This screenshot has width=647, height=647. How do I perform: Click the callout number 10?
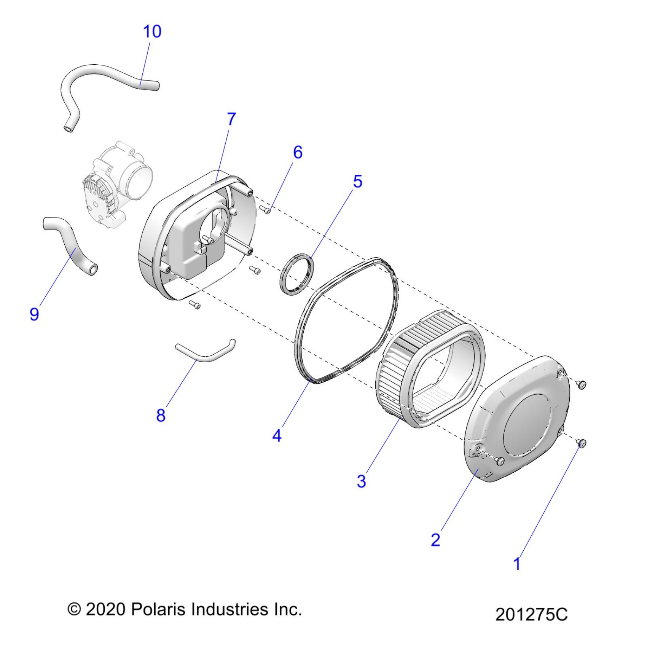click(x=152, y=31)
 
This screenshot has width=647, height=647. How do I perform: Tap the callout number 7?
click(x=231, y=119)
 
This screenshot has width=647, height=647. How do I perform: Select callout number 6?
click(x=298, y=152)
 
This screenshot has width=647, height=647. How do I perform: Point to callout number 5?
click(x=357, y=182)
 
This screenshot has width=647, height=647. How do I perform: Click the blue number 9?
click(x=34, y=314)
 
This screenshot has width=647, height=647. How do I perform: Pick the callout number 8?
click(x=161, y=415)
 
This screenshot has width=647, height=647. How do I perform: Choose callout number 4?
click(x=277, y=435)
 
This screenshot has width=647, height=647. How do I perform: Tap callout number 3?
click(x=361, y=481)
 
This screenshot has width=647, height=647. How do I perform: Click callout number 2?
click(x=435, y=539)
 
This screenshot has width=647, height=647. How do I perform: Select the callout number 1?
click(x=516, y=564)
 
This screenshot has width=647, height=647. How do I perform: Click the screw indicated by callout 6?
click(x=266, y=209)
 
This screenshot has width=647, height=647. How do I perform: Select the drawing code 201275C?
click(x=531, y=614)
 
